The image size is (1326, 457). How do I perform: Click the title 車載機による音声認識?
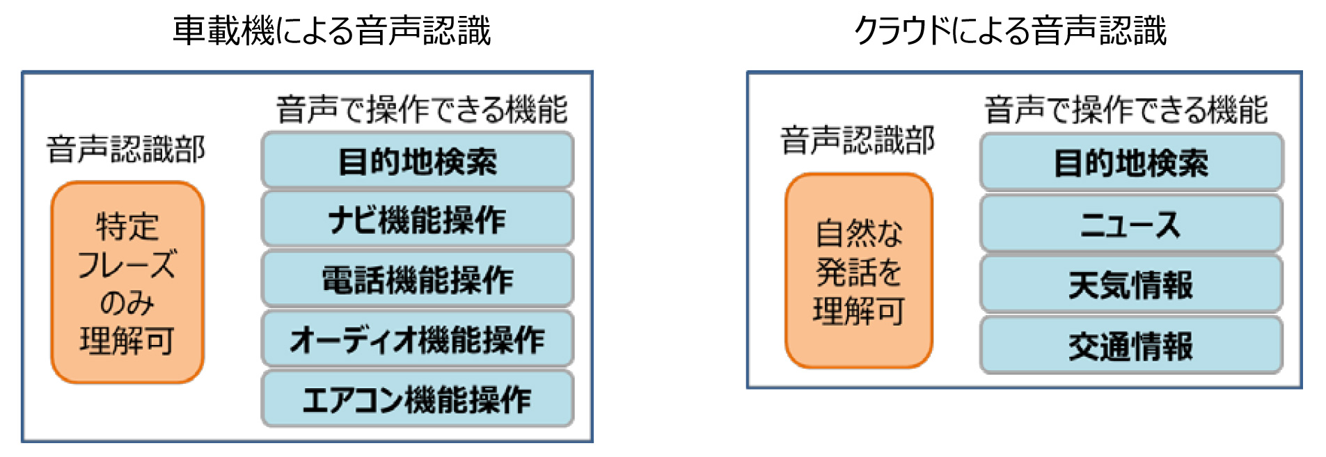tap(331, 31)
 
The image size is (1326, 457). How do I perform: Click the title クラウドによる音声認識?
tap(1010, 31)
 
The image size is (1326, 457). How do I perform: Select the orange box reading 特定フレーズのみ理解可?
tap(127, 282)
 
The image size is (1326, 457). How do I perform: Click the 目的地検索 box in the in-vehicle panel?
tap(418, 161)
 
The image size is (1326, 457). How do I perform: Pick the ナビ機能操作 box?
tap(418, 220)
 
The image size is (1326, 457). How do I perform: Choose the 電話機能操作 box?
tap(418, 280)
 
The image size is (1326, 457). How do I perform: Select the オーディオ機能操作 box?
tap(418, 339)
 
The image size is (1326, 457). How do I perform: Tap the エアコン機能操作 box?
tap(418, 399)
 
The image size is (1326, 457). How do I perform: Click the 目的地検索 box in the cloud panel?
tap(1131, 163)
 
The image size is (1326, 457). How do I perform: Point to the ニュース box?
tap(1131, 224)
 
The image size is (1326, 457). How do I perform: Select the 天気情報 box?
tap(1131, 284)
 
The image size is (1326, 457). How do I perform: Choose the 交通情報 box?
tap(1131, 346)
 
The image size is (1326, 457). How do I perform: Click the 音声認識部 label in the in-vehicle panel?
tap(126, 149)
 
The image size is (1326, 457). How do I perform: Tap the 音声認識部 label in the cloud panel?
tap(858, 141)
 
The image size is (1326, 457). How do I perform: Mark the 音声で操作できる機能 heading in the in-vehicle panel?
tap(423, 110)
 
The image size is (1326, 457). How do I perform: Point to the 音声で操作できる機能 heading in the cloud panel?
tap(1126, 110)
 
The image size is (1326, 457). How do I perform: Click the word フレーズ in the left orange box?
tap(127, 265)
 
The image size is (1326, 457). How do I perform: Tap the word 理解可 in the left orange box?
tap(127, 341)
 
